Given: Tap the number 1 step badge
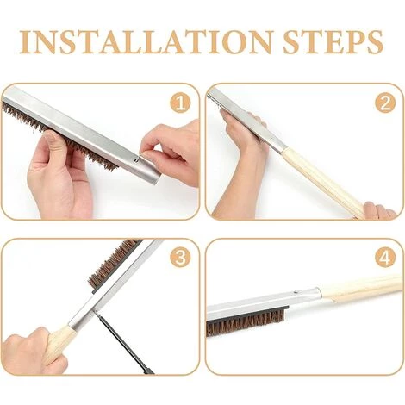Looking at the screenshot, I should [x=180, y=103].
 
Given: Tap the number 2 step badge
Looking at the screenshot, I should [x=383, y=103].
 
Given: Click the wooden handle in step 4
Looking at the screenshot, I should [x=362, y=289].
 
